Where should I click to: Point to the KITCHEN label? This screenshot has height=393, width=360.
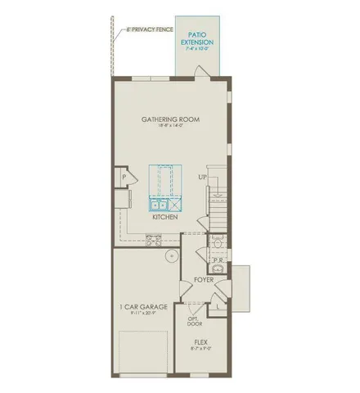click(x=165, y=219)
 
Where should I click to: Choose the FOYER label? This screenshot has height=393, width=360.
click(x=204, y=281)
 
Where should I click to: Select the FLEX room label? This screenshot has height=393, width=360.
click(x=200, y=342)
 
